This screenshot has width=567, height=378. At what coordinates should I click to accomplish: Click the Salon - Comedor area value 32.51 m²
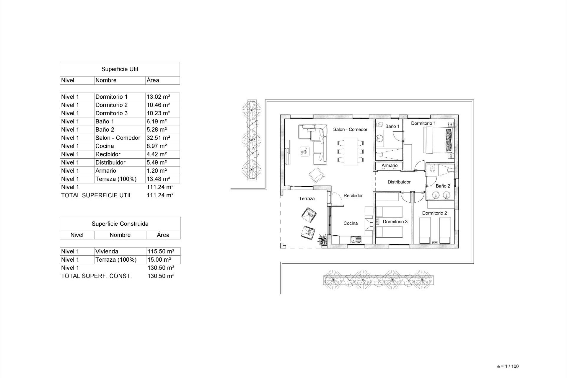[x=158, y=138]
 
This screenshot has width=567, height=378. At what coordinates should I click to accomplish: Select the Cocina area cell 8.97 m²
[x=157, y=146]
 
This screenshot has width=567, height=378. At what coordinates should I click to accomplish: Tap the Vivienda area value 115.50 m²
[x=161, y=252]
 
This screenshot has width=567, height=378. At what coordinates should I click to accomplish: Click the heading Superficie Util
[x=120, y=69]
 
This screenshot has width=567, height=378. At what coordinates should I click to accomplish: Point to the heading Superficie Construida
[x=120, y=224]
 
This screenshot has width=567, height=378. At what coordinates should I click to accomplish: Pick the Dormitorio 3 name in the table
[x=111, y=113]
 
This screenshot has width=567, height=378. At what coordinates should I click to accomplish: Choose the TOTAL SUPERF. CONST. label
[x=96, y=276]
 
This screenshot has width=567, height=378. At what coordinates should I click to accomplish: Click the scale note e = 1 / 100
[x=508, y=366]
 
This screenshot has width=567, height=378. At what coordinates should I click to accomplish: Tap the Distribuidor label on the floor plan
[x=399, y=182]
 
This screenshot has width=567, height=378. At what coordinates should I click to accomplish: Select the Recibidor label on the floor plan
[x=353, y=195]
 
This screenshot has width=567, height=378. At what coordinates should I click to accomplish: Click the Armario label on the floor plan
[x=390, y=166]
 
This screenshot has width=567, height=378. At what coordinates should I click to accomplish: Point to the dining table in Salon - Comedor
[x=351, y=151]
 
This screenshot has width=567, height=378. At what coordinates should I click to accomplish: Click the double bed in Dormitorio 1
[x=438, y=140]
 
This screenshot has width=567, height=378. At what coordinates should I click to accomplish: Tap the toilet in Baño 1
[x=379, y=125]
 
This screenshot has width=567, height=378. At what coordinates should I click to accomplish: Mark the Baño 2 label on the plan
[x=443, y=186]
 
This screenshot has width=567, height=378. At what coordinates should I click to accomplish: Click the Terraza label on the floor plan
[x=307, y=199]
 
